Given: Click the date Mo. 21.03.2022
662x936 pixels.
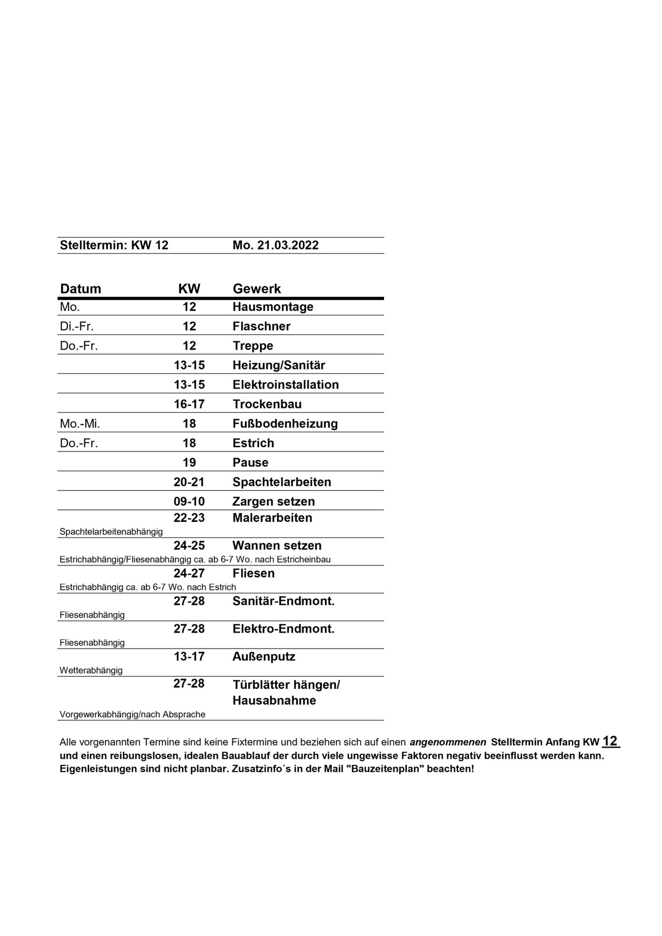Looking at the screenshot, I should tap(275, 246).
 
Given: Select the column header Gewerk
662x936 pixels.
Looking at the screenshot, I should tap(256, 289).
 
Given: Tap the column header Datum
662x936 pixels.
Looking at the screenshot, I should tap(80, 289).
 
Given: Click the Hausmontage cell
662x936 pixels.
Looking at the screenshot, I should tap(273, 307).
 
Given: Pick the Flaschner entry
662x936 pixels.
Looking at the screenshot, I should tap(261, 326).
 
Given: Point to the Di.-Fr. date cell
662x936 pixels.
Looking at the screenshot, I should tap(76, 326).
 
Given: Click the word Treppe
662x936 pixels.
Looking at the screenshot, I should tap(253, 346).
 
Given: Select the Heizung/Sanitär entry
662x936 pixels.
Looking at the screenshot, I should tap(278, 365).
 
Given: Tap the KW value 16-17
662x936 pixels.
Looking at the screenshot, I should tap(189, 404).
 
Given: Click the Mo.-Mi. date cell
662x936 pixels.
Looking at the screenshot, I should tap(80, 423).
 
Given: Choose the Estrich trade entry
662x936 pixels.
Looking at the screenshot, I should tap(253, 443).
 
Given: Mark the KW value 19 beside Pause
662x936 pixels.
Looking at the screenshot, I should tap(189, 462).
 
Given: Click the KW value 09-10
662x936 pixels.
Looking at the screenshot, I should tap(189, 502).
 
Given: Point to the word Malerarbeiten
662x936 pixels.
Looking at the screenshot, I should tap(272, 518).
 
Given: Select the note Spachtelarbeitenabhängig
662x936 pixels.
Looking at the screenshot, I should tap(111, 532).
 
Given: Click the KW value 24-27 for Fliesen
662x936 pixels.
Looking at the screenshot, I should tap(189, 574).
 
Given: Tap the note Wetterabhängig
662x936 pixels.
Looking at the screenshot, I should tap(91, 671).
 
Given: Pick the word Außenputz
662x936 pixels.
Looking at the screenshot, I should tap(264, 657).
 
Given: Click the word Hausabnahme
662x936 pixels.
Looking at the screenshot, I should tap(274, 701).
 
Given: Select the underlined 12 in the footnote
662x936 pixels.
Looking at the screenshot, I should tap(610, 741).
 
